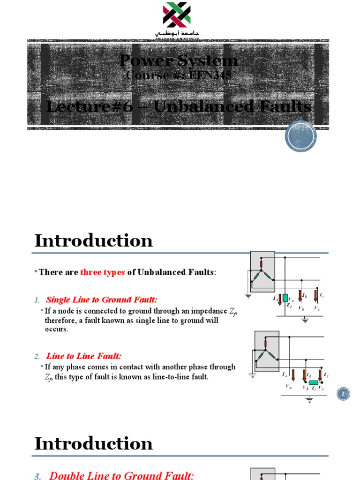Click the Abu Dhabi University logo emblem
176,15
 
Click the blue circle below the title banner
301,136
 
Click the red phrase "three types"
103,272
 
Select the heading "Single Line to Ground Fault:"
102,300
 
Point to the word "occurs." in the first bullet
57,329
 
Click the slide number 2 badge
343,395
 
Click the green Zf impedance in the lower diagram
314,382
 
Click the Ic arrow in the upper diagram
315,295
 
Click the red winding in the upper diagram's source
261,264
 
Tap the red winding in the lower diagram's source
266,344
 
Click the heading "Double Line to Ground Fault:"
121,476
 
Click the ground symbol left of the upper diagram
248,296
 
